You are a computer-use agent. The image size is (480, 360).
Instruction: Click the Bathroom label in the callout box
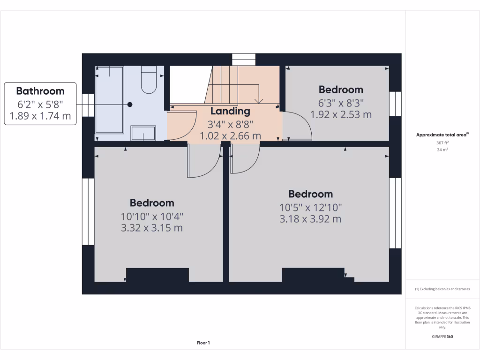40,90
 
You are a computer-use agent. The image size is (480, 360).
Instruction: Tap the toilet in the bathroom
150,81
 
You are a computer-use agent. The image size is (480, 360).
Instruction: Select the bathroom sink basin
143,134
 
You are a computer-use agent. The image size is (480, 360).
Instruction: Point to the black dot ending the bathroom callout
130,105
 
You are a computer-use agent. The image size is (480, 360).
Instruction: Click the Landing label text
230,112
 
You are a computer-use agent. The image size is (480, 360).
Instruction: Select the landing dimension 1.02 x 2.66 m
230,136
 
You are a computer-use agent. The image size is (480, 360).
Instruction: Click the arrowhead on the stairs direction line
258,100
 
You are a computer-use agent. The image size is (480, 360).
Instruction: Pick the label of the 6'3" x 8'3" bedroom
341,90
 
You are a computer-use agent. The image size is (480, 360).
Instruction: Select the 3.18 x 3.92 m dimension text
310,219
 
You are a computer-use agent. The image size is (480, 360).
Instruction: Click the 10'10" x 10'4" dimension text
152,217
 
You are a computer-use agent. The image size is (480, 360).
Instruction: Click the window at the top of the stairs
244,60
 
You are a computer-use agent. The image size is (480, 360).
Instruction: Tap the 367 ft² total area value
442,143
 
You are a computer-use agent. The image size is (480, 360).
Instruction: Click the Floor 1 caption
203,343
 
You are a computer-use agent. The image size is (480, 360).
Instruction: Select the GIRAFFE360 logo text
442,337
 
